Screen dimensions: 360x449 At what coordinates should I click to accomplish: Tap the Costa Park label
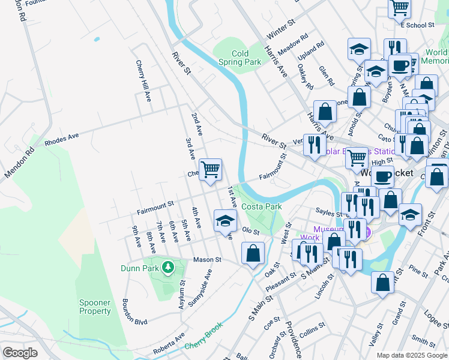click(262, 206)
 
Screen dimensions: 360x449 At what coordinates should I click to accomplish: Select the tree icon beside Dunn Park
click(169, 266)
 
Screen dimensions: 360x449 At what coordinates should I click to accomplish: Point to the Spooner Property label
click(95, 307)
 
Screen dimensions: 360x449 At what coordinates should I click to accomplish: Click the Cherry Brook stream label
click(203, 345)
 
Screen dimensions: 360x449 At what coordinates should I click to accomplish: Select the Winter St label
click(282, 29)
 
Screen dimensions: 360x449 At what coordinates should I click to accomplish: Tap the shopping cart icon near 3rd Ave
click(211, 169)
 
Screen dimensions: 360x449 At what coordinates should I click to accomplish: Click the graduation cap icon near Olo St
click(225, 220)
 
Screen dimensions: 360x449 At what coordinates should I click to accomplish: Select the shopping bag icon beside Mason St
click(253, 253)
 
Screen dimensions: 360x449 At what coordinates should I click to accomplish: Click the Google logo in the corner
click(20, 353)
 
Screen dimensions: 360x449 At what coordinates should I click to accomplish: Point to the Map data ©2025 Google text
click(412, 355)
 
